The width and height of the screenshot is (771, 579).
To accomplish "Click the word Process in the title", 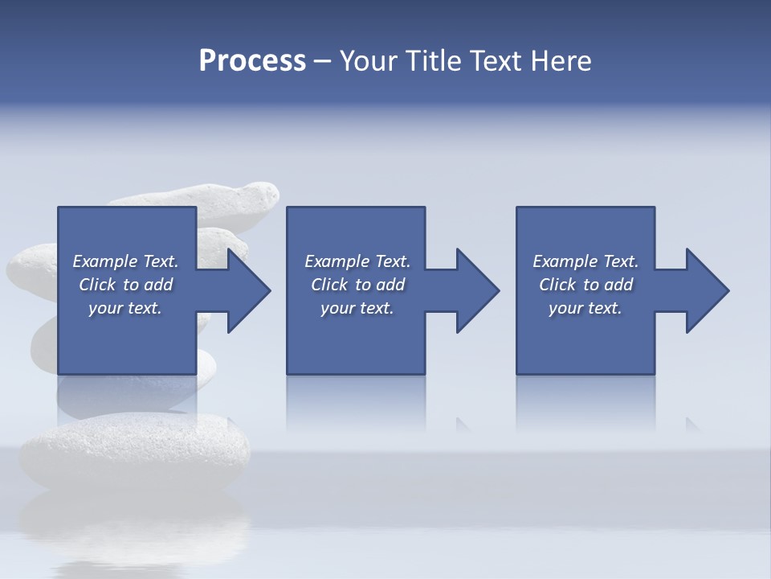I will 252,61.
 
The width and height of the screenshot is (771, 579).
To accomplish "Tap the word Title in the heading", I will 434,61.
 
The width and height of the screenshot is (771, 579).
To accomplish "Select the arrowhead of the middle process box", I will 477,290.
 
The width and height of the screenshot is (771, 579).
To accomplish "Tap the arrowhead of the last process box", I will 707,290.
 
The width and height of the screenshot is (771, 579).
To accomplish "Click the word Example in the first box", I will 105,261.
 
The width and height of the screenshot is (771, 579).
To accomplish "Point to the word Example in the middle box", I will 337,261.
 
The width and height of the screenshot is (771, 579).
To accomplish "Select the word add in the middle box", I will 390,285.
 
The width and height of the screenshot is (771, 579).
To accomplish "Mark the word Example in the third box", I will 565,261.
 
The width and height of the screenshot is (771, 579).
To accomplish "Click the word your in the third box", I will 565,308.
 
